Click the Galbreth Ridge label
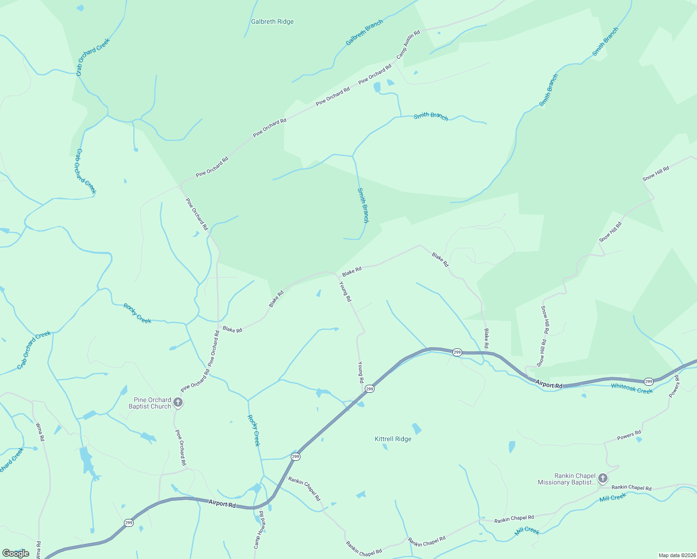click(x=272, y=22)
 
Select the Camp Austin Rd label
click(x=408, y=45)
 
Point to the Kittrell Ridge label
click(x=393, y=439)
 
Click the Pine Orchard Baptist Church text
click(x=150, y=403)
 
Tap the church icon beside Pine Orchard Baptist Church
click(x=178, y=402)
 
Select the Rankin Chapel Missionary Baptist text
click(x=567, y=479)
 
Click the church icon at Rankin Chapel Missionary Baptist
click(x=603, y=478)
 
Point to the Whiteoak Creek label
click(x=632, y=389)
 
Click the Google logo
click(x=15, y=553)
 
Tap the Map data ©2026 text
click(x=676, y=555)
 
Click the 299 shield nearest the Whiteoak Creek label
click(x=649, y=382)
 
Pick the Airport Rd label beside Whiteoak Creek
click(x=548, y=385)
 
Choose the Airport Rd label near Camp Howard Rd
click(x=222, y=504)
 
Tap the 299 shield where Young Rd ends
click(x=369, y=389)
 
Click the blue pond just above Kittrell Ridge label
click(x=417, y=429)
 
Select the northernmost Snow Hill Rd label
click(x=656, y=174)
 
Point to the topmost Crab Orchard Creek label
click(x=93, y=57)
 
